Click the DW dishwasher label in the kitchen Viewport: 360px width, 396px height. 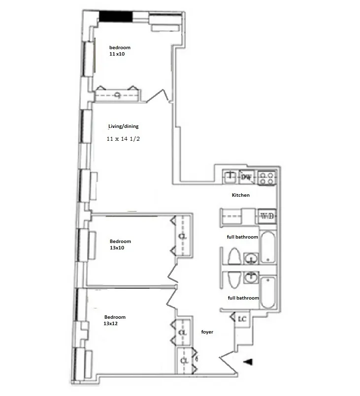click(x=246, y=177)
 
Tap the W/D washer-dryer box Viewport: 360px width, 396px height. click(x=267, y=216)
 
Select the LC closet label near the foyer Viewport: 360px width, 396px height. click(x=242, y=319)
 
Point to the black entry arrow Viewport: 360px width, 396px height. click(x=249, y=363)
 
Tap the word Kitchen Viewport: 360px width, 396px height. click(x=241, y=195)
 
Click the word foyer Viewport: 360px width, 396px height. click(x=207, y=333)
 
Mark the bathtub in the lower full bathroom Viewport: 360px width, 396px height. click(x=268, y=293)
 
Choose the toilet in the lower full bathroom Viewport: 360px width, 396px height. click(x=234, y=278)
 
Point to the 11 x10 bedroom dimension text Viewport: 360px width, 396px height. click(x=117, y=54)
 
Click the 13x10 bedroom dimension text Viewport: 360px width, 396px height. click(x=117, y=248)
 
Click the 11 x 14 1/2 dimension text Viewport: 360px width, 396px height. click(x=125, y=139)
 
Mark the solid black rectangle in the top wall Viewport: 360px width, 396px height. click(x=116, y=16)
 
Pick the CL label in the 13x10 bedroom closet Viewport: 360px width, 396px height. click(x=182, y=236)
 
